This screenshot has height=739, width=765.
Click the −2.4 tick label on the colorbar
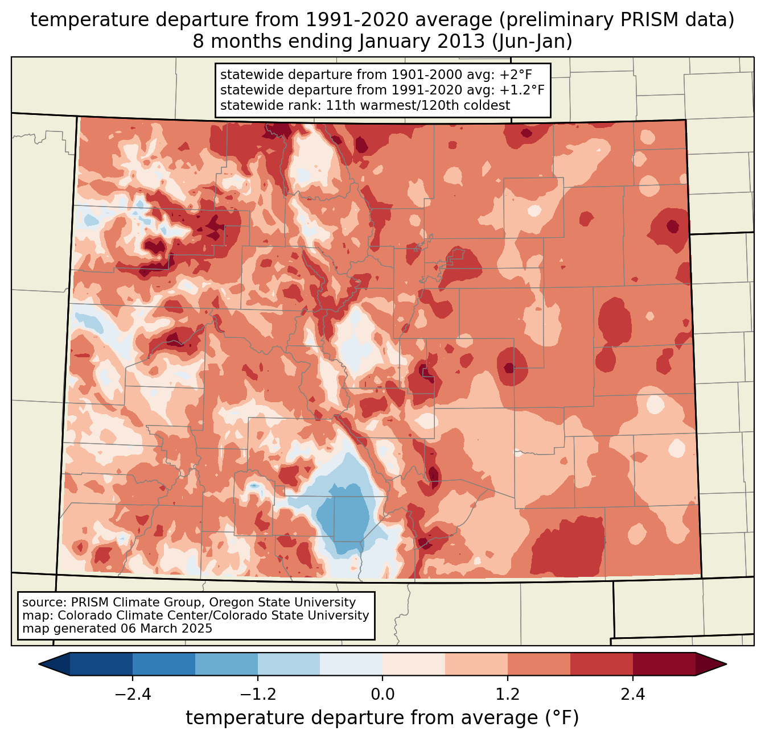click(133, 695)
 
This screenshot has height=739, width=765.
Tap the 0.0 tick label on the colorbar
click(382, 695)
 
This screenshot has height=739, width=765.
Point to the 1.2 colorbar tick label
click(508, 695)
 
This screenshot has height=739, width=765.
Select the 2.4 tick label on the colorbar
click(632, 695)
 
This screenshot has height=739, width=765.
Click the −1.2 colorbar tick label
click(258, 695)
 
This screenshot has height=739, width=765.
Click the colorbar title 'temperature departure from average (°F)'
click(382, 718)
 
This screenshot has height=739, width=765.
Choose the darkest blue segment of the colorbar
click(101, 664)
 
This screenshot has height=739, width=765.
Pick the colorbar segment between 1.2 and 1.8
click(538, 664)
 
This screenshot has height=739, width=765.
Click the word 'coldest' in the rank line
click(489, 105)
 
